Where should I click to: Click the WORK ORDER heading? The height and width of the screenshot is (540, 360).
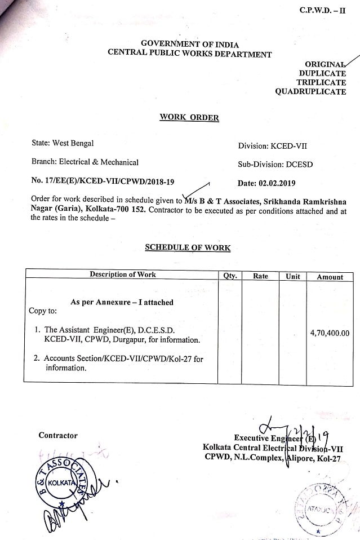pos(189,118)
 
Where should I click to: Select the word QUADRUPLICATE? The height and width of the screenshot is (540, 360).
pos(310,92)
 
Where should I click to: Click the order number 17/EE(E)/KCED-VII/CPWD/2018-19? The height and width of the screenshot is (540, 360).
pos(103,182)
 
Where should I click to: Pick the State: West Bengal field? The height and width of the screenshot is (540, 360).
pos(63,144)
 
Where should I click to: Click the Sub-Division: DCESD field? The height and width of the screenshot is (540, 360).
pos(275,165)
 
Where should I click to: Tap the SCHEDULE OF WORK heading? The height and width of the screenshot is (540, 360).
pos(188,247)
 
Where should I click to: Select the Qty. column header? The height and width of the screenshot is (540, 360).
pos(230,276)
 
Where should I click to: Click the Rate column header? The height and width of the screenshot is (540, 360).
pos(260,276)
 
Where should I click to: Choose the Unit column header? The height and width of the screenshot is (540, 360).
pos(293,276)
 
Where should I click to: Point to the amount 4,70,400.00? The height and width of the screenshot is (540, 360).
pos(330,333)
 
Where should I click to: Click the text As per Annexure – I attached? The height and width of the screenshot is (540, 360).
pos(122,302)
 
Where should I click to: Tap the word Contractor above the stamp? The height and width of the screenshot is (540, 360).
pos(58,435)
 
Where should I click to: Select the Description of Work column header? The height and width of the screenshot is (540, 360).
pos(123,275)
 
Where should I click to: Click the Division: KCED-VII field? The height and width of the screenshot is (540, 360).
pos(273,145)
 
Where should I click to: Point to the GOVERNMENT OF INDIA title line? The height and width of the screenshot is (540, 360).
pos(190,45)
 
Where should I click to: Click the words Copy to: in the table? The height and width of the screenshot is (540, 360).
pos(43,311)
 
